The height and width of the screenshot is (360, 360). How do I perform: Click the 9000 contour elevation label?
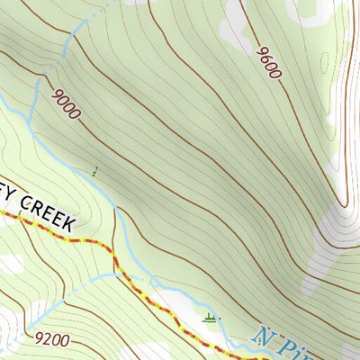pyautogui.click(x=67, y=103)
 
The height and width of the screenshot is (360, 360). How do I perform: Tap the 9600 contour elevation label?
pyautogui.click(x=268, y=64)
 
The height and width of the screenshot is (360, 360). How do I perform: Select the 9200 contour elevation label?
pyautogui.click(x=55, y=340)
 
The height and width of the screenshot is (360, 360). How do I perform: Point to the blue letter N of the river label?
pyautogui.click(x=262, y=336)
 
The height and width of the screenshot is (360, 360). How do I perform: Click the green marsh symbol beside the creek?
pyautogui.click(x=211, y=317)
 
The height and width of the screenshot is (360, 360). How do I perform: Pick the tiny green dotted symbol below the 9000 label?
pyautogui.click(x=95, y=170)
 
